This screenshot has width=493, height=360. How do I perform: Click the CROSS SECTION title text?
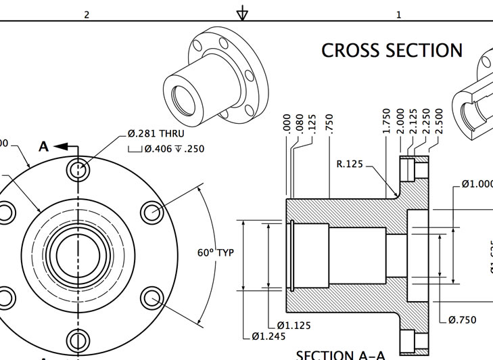[x=392, y=51]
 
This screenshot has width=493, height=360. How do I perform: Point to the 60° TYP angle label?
[x=215, y=252]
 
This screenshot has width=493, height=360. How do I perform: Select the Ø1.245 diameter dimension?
[x=268, y=335]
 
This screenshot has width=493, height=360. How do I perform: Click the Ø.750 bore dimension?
[x=462, y=320]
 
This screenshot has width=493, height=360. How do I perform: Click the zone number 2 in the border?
[x=87, y=14]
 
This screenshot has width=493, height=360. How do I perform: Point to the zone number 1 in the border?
[x=398, y=14]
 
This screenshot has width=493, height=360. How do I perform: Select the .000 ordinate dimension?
[x=287, y=123]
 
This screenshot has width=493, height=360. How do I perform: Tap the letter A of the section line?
[x=44, y=146]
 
